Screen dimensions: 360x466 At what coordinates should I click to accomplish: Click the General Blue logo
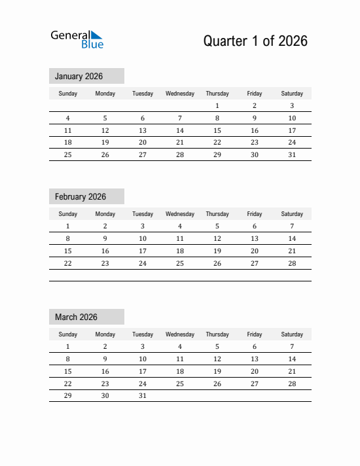point(77,39)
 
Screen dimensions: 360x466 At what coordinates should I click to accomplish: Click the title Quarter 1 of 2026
point(255,41)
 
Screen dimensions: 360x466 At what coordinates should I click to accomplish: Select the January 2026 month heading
point(79,77)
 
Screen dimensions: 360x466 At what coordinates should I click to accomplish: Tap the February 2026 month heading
point(81,197)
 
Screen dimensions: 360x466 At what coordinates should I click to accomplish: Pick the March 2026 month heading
point(76,317)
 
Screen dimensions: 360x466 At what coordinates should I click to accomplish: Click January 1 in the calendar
point(217,105)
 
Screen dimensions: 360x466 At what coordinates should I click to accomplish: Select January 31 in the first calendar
point(292,155)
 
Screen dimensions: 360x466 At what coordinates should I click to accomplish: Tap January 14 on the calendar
point(180,130)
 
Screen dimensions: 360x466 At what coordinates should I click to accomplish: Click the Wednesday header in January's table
point(180,94)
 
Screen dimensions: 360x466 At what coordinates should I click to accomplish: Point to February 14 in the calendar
point(292,238)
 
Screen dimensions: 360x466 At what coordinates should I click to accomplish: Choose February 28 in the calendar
point(292,263)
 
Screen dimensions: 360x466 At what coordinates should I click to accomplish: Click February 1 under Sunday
point(67,226)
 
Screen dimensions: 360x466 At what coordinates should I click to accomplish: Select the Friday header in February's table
point(255,214)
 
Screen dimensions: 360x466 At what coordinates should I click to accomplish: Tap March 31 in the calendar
point(143,396)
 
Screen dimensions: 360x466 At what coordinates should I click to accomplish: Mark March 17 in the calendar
point(143,371)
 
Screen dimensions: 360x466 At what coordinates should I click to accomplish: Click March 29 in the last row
point(67,396)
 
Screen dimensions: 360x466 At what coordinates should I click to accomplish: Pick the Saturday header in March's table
point(292,334)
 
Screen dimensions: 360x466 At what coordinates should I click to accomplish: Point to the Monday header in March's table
point(105,334)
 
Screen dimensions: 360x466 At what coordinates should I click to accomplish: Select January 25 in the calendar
point(67,155)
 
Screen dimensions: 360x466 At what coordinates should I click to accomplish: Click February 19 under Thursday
point(217,251)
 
